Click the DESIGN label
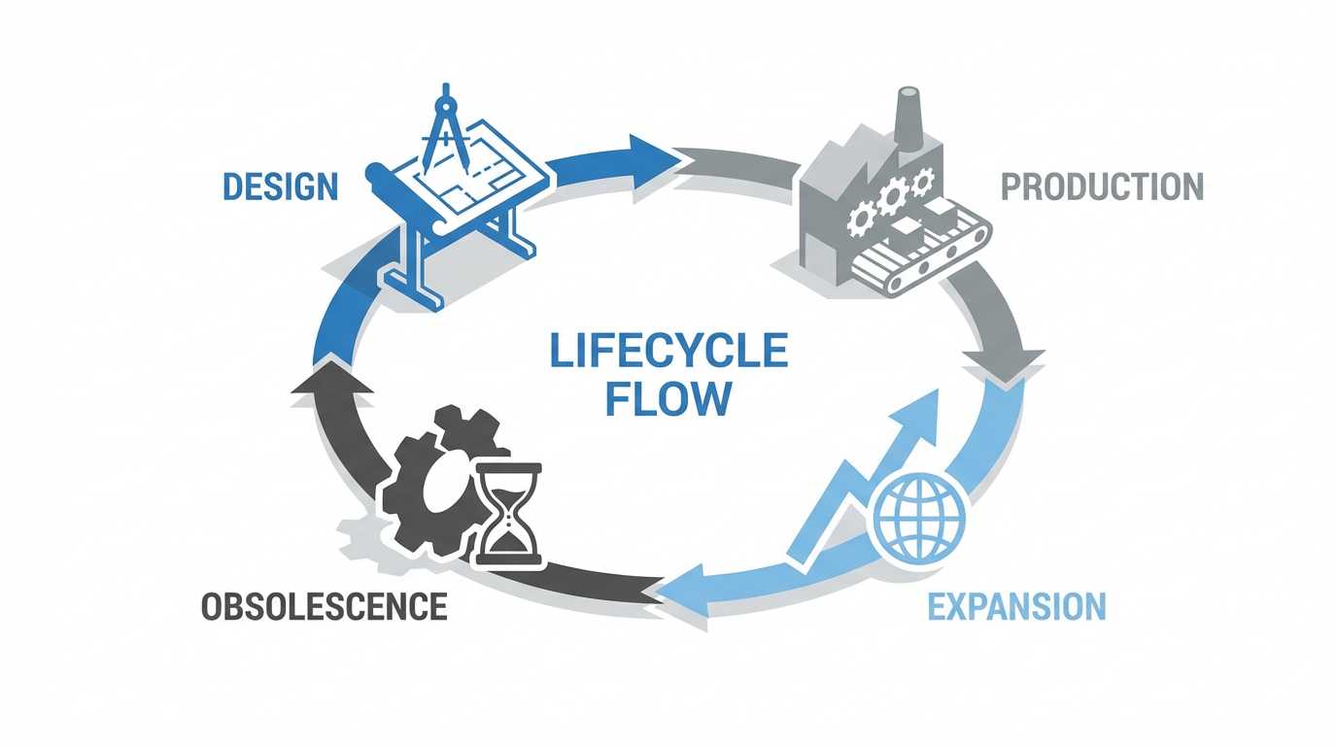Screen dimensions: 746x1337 pyautogui.click(x=280, y=186)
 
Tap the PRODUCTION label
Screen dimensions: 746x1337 pyautogui.click(x=1102, y=186)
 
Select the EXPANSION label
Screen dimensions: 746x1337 pyautogui.click(x=1016, y=606)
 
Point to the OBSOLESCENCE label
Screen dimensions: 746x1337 pyautogui.click(x=324, y=607)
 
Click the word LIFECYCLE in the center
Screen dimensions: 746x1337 pyautogui.click(x=668, y=352)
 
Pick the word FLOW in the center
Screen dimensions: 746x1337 pyautogui.click(x=668, y=398)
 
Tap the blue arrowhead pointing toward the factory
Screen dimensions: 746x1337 pyautogui.click(x=651, y=153)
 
